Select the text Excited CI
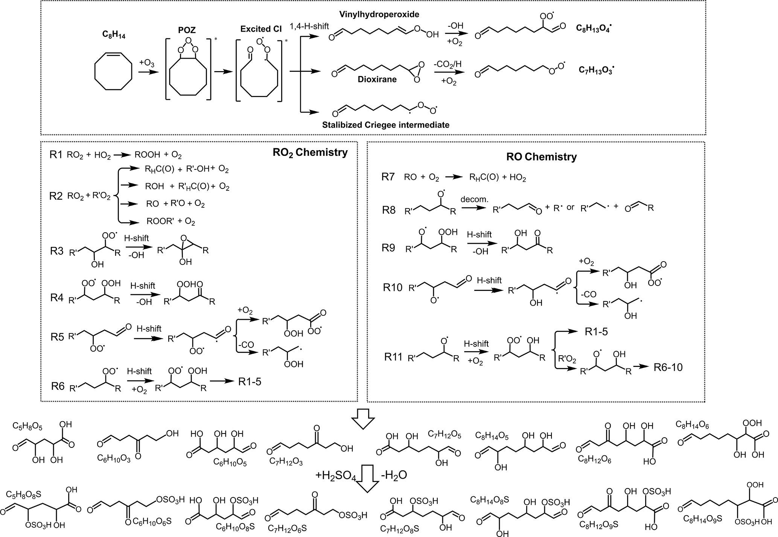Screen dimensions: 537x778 [x=261, y=29]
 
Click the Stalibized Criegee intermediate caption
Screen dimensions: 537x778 [x=385, y=125]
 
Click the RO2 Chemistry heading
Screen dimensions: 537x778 [x=310, y=152]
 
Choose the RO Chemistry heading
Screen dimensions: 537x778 [x=541, y=157]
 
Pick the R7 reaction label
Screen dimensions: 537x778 [x=388, y=177]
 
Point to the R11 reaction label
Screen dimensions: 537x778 [x=393, y=356]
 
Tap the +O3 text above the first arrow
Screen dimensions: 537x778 [x=147, y=62]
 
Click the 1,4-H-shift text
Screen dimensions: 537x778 [x=309, y=26]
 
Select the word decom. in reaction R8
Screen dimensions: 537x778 [x=474, y=199]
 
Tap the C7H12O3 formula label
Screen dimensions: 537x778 [x=286, y=462]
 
